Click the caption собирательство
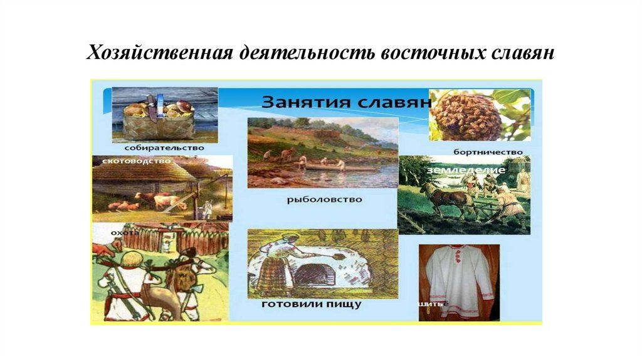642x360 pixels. point(164,148)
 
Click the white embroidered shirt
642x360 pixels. point(459,280)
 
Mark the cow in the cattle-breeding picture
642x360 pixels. point(160,201)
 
